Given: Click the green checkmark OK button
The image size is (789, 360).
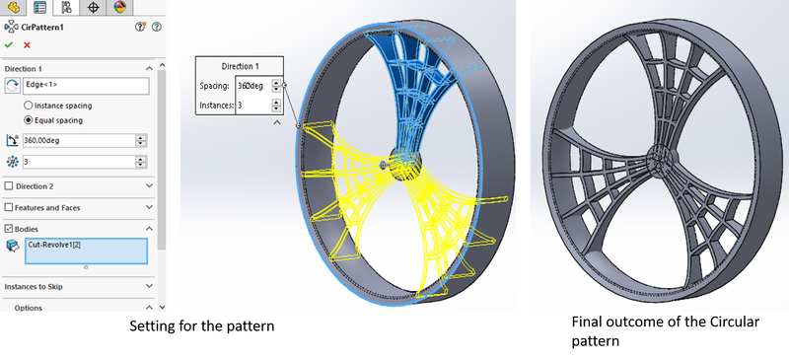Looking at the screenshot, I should coord(9,44).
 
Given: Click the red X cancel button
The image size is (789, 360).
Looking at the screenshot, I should coord(27,44).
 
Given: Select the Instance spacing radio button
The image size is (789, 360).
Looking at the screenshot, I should coord(29,105).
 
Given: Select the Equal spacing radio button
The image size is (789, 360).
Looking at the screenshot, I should coord(29,120).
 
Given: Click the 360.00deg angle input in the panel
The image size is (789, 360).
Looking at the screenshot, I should coord(78,141).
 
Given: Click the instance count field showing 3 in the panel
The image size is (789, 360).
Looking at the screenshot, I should coord(78,162).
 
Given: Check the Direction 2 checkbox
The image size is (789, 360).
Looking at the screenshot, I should coord(10,185).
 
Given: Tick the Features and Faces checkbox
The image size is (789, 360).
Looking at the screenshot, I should coord(10,207).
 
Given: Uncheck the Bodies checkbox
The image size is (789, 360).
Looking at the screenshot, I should coord(10,229).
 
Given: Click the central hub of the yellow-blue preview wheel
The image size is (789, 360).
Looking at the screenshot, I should coord(401,157).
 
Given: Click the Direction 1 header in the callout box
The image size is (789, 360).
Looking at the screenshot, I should coord(240,66).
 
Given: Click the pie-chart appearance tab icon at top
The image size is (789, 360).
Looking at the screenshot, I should coord(119,7).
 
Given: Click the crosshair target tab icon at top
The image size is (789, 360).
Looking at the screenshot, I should coord(93,7).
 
